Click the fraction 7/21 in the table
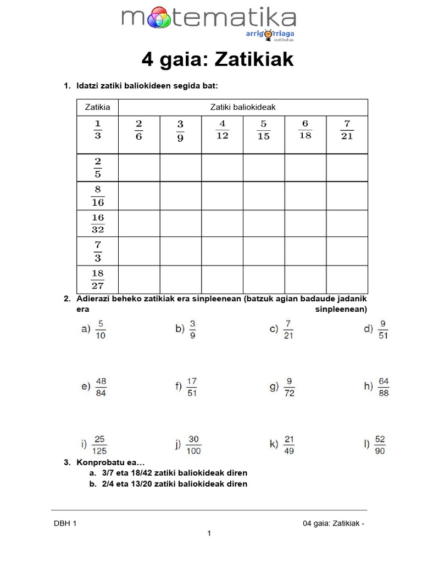tap(347, 129)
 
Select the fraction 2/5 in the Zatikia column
tap(97, 168)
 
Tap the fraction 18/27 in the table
tap(97, 279)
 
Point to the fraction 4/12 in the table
tap(222, 129)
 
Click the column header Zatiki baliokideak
tap(243, 107)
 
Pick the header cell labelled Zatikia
tap(97, 107)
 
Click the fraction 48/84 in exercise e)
tap(101, 387)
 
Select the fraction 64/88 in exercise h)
tap(384, 387)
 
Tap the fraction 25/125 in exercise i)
tap(100, 445)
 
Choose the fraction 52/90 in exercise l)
tap(380, 445)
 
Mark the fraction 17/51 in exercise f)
tap(192, 387)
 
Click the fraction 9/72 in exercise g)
tap(289, 387)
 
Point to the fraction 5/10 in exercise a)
tap(101, 329)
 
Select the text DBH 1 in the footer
tap(65, 523)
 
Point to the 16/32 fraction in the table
tap(97, 223)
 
